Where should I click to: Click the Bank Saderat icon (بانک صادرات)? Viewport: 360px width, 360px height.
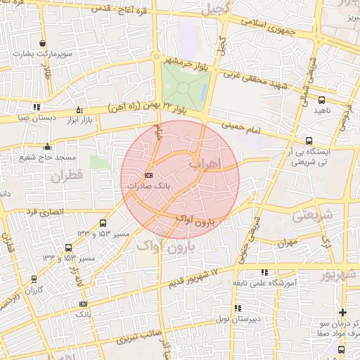(148, 175)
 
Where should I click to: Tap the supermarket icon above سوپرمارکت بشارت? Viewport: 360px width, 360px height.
(43, 44)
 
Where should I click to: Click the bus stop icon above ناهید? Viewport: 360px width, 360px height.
(321, 100)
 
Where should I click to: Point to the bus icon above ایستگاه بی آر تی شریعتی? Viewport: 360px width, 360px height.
(310, 140)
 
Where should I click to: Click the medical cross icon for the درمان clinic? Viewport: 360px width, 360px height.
(342, 312)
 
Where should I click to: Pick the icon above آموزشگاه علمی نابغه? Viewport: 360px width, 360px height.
(264, 272)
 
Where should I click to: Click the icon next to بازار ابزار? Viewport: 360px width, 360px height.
(79, 110)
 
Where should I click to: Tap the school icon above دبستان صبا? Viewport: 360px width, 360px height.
(36, 107)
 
